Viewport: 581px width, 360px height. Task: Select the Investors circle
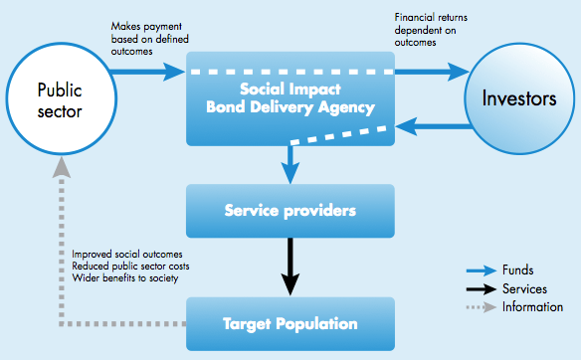tap(521, 98)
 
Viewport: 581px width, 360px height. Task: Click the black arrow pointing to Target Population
tap(290, 267)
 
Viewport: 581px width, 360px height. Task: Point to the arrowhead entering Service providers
tap(290, 175)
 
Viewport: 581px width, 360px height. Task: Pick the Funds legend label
tap(520, 270)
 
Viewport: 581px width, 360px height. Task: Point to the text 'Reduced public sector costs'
tap(130, 267)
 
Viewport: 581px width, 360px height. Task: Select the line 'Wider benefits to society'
tap(124, 278)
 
